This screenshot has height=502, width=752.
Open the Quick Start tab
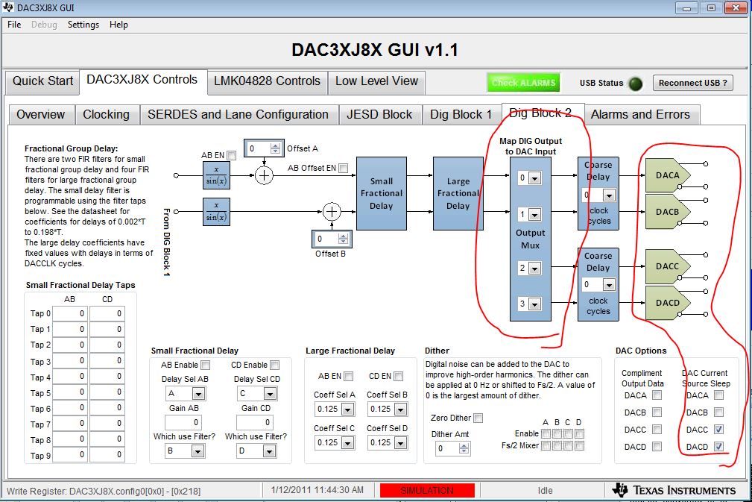tap(42, 81)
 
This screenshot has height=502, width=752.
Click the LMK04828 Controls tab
tap(267, 81)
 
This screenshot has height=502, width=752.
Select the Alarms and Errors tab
tap(640, 115)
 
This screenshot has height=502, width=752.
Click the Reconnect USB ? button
tap(692, 83)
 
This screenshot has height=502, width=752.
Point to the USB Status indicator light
tap(636, 84)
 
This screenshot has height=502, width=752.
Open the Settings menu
tap(83, 25)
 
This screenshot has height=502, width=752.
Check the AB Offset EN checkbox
tap(343, 168)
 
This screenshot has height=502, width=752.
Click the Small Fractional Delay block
tap(382, 193)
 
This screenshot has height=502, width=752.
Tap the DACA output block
tap(668, 175)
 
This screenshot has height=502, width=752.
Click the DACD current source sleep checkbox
tap(718, 446)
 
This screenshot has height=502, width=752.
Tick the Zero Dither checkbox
tap(478, 418)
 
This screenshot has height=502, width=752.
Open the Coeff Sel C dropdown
tap(335, 442)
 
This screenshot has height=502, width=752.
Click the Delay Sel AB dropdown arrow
tap(198, 394)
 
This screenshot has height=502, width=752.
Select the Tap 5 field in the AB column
tap(69, 393)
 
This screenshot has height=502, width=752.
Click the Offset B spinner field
tap(332, 239)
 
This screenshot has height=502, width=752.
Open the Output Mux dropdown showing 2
tap(529, 268)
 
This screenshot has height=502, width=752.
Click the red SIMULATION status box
tap(427, 491)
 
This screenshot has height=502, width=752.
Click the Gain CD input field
tap(256, 422)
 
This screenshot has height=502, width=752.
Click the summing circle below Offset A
tap(264, 175)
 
